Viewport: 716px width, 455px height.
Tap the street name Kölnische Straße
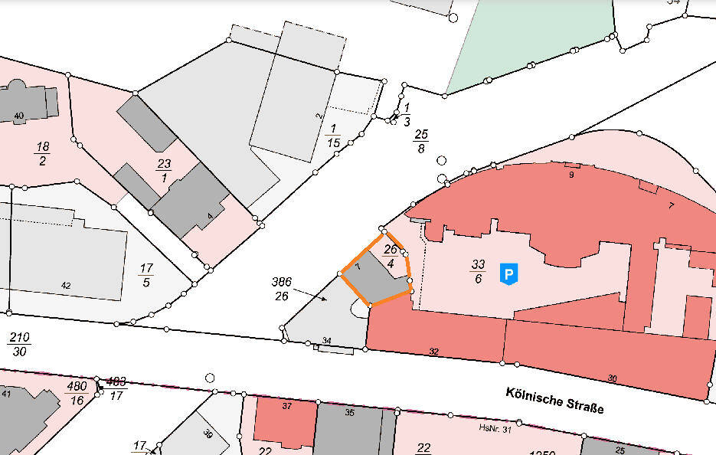point(554,400)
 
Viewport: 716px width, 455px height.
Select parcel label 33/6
point(479,272)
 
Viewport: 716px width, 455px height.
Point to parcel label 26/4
point(391,256)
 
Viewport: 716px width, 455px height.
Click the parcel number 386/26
point(281,289)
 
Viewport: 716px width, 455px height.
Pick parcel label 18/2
point(41,153)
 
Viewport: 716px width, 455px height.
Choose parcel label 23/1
point(164,169)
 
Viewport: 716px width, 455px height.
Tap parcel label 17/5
point(146,274)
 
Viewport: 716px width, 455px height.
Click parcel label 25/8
point(420,141)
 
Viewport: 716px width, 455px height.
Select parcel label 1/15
point(332,135)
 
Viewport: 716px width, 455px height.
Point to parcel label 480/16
point(77,392)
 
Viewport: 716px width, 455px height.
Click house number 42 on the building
point(66,286)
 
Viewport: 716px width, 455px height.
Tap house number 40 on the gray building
point(19,116)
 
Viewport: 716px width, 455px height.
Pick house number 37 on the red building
point(286,407)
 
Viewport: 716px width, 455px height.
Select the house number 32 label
point(434,352)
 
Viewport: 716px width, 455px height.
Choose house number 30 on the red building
point(612,378)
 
